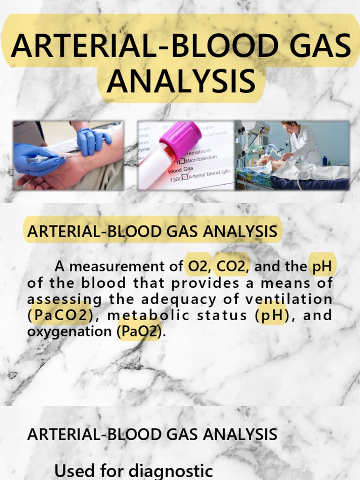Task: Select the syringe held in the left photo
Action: tap(45, 159)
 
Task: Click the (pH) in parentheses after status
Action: tap(273, 315)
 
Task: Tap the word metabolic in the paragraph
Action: tap(143, 315)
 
